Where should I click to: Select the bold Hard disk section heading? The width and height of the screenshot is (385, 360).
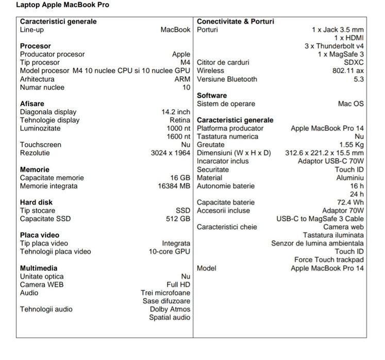[x=36, y=202]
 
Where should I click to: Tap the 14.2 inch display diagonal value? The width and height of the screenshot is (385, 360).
[x=176, y=112]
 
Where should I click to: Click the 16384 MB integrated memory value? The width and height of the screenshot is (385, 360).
[x=174, y=186]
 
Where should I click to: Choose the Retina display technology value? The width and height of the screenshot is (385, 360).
[x=180, y=120]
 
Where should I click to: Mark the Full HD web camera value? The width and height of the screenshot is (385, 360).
[x=178, y=285]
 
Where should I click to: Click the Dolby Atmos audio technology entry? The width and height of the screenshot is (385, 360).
[x=170, y=310]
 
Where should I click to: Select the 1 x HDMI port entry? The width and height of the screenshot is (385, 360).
[x=349, y=38]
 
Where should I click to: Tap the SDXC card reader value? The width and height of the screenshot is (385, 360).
[x=354, y=62]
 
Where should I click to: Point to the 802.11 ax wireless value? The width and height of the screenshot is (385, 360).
[x=348, y=71]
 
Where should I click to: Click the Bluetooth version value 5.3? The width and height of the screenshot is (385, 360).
[x=359, y=79]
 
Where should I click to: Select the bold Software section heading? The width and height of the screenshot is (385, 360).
[x=212, y=95]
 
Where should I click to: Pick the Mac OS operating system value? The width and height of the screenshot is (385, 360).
[x=351, y=104]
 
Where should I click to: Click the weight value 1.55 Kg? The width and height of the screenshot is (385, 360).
[x=351, y=145]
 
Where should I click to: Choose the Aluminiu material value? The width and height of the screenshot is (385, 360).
[x=350, y=178]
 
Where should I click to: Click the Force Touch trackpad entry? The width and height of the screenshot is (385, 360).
[x=329, y=260]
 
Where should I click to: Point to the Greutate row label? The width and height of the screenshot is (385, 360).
[x=211, y=145]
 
